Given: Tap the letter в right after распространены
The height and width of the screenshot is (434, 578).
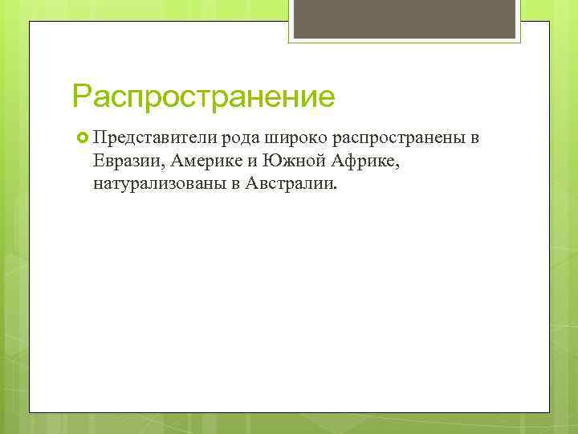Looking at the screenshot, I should tap(475, 138).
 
